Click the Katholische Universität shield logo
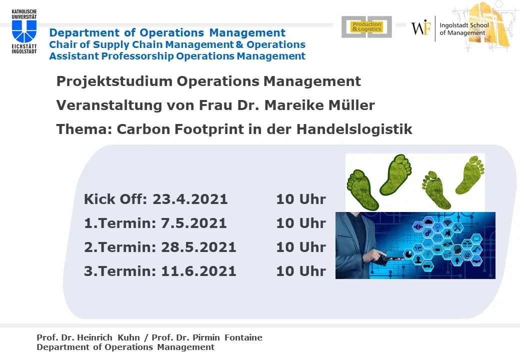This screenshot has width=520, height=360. [24, 31]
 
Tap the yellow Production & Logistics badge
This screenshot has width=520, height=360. [367, 27]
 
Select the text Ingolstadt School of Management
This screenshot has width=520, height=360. [464, 29]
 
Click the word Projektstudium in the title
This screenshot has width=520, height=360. [114, 81]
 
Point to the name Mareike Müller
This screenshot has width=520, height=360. [319, 105]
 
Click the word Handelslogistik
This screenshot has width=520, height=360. [354, 129]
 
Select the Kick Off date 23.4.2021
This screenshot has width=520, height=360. [190, 199]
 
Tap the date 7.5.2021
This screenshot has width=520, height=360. [193, 223]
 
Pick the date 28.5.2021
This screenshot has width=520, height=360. [198, 247]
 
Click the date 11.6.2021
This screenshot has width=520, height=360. [198, 271]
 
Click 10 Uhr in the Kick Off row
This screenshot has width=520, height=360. [301, 199]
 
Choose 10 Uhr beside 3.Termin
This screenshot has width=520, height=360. [301, 271]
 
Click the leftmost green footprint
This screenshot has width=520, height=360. [362, 189]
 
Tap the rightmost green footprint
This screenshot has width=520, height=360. [470, 174]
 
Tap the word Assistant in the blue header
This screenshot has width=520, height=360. [74, 56]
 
